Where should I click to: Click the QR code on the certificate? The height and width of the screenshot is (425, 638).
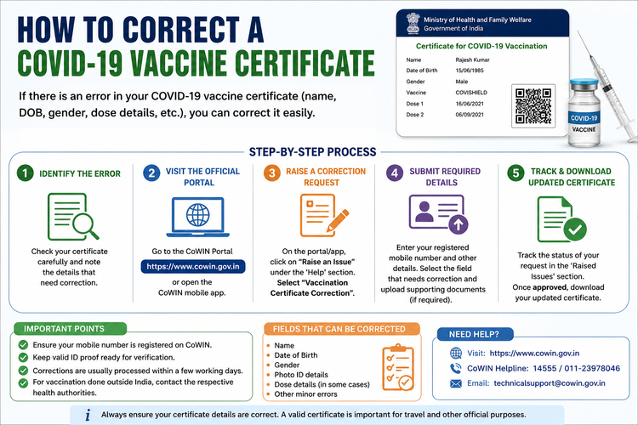(533, 105)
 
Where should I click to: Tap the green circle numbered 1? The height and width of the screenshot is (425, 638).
(25, 173)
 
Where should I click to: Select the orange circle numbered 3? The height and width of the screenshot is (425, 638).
(272, 173)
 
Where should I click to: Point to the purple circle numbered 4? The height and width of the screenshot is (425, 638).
(394, 173)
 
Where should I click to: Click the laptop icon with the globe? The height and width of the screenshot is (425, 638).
(197, 218)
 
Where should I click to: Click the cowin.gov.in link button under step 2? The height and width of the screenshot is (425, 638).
(193, 266)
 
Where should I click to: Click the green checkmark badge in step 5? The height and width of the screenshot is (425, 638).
(575, 229)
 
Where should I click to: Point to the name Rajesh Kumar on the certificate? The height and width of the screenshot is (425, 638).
(472, 59)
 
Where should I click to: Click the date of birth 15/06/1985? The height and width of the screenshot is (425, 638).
(470, 71)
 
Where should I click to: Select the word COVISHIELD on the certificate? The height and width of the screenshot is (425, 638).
(471, 93)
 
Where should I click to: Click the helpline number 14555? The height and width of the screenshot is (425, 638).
(544, 368)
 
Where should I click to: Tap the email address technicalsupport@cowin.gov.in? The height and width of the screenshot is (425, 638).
(550, 383)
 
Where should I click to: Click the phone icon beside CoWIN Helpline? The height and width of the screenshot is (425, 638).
(456, 368)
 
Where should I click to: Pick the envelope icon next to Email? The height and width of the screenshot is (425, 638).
(456, 383)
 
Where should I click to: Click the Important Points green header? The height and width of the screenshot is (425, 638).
(70, 329)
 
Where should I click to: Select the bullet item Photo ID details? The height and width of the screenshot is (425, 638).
(300, 375)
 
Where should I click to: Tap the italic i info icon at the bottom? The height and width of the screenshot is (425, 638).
(88, 415)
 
